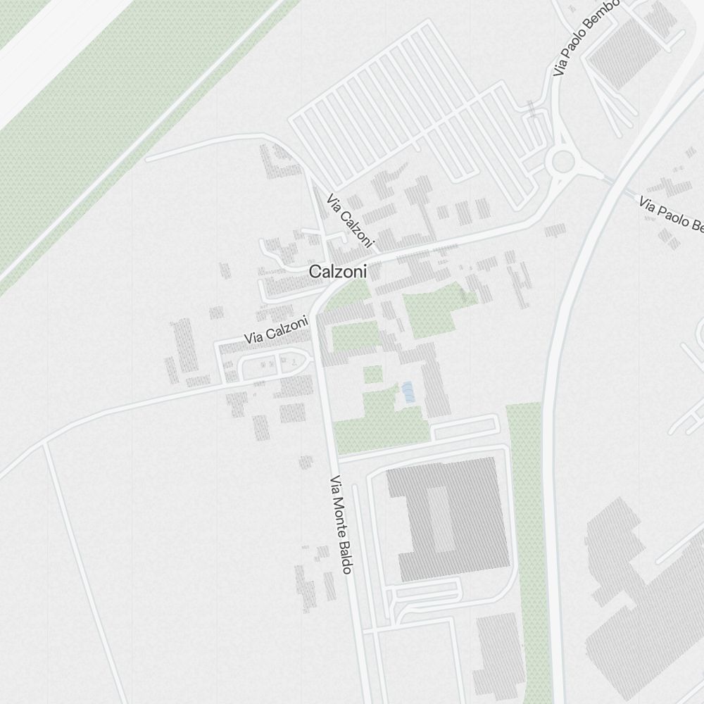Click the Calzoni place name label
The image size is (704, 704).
click(x=339, y=272)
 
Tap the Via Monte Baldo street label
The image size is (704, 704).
click(x=340, y=524)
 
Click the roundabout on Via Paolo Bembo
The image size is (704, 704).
click(x=563, y=161)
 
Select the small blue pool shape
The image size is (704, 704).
click(x=408, y=392)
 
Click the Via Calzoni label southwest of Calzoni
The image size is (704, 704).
click(x=276, y=329)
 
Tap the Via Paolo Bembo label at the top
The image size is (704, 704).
click(x=586, y=39)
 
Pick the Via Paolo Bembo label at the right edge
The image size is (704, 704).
click(x=671, y=215)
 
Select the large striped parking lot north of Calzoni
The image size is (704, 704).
click(x=415, y=106)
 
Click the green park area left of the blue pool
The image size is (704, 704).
click(x=380, y=415)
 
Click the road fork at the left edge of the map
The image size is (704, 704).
click(x=44, y=445)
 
